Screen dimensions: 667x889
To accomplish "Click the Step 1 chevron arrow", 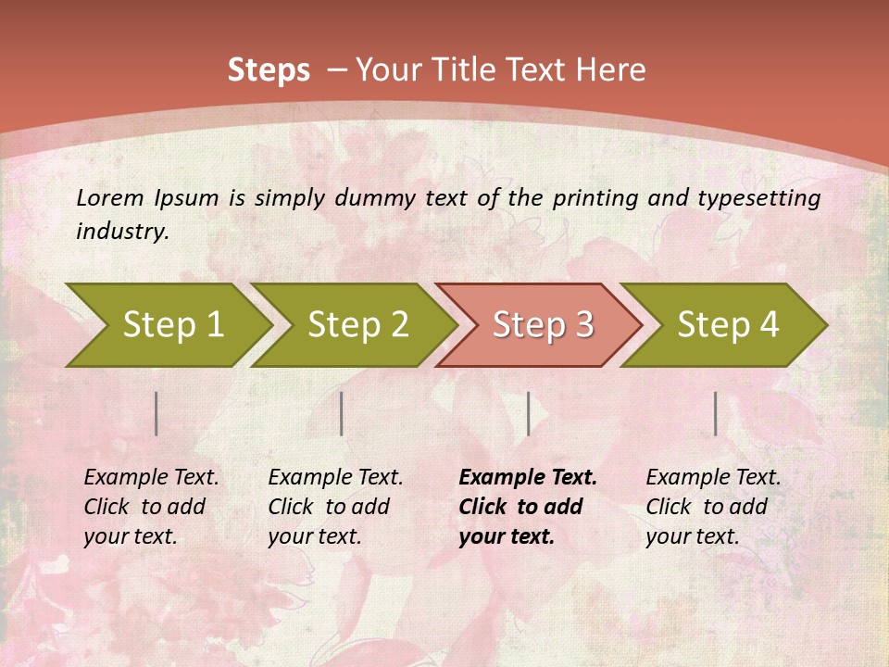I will point(172,325).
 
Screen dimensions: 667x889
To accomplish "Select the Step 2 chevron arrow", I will point(357,325).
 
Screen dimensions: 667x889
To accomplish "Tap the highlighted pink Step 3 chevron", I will point(543,325).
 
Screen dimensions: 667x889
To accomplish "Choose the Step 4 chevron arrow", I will point(728,325).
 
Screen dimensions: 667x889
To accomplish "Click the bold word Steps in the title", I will point(269,70).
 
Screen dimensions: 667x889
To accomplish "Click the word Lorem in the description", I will point(110,197).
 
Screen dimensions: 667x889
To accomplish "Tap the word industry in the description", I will point(122,231).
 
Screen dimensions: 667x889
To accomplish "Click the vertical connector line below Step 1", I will point(157,413).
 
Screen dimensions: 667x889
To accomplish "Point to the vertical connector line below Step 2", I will point(342,413).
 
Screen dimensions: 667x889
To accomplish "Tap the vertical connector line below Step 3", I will point(528,413).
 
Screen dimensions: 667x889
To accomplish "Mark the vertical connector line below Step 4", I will point(715,413).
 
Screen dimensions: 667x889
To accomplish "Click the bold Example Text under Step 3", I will point(528,478).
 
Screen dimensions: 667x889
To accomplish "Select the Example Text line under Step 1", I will point(151,478).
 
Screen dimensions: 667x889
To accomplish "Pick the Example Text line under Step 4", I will point(713,478).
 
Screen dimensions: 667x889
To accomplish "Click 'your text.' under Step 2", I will point(315,536).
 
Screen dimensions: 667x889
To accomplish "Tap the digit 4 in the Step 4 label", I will point(768,325).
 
